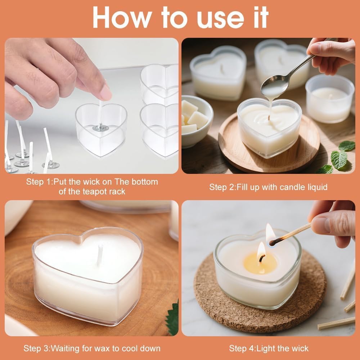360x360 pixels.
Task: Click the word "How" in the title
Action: (x=122, y=17)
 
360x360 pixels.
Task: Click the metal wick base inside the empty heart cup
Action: (x=100, y=128)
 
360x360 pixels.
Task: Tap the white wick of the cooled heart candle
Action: (x=100, y=255)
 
